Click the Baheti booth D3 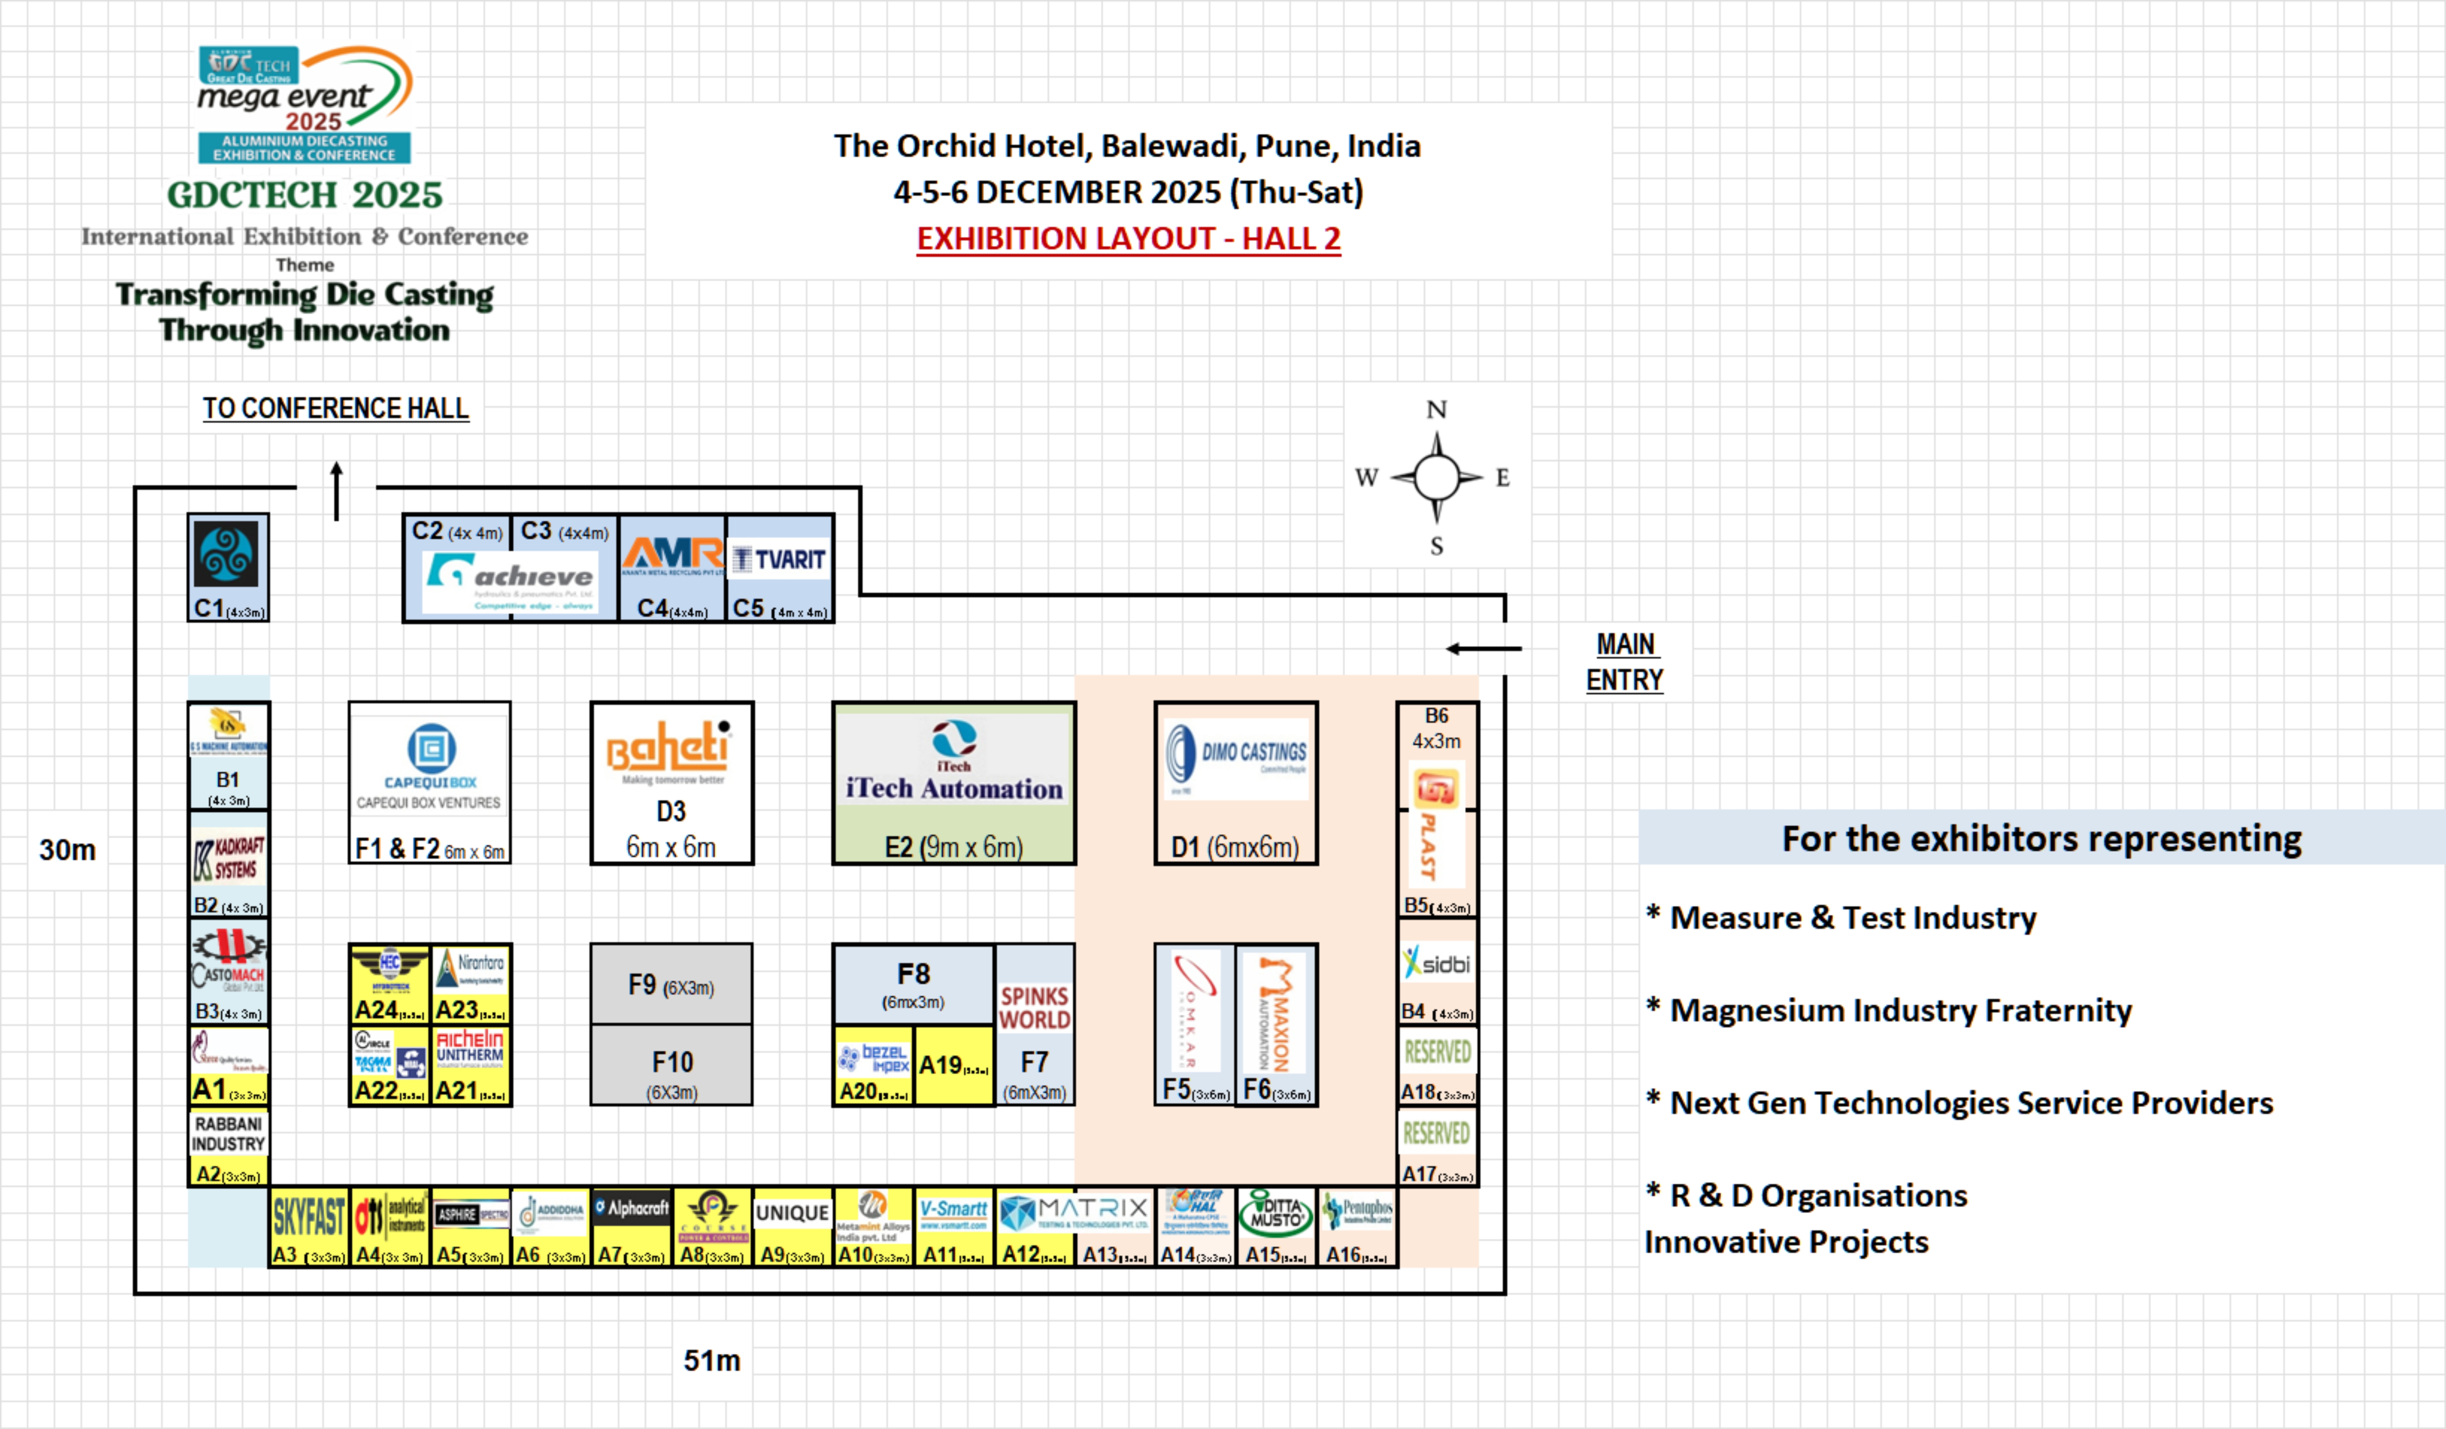click(x=672, y=783)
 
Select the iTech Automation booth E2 click(x=953, y=783)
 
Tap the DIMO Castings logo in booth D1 click(x=1236, y=753)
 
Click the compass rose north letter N click(x=1437, y=410)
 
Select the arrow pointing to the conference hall click(x=337, y=490)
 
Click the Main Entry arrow click(x=1483, y=649)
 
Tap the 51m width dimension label click(x=711, y=1360)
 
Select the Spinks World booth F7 click(x=1035, y=1024)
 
